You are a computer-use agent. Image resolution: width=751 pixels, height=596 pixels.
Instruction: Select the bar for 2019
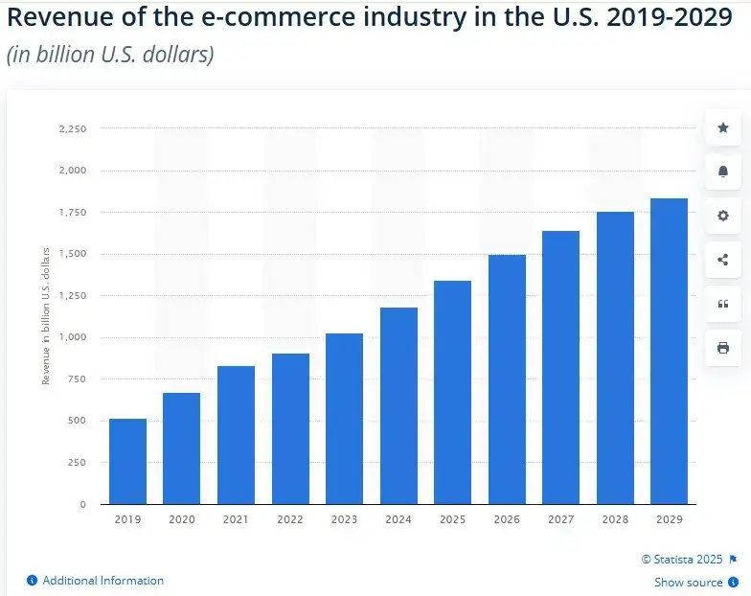tap(127, 461)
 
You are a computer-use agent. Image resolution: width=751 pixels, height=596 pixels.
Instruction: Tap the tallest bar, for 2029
tap(669, 351)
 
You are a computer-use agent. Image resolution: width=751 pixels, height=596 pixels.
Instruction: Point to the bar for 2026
tap(507, 378)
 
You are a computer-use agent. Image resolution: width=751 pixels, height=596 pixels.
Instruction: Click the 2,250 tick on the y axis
tap(73, 128)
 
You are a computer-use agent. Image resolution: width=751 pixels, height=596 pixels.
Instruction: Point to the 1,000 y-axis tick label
tap(73, 337)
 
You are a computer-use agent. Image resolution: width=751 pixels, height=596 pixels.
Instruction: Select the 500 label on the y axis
tap(77, 421)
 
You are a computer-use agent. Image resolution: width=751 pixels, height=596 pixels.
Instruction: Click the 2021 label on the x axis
tap(236, 519)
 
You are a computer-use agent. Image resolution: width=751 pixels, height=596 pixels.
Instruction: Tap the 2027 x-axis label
tap(560, 519)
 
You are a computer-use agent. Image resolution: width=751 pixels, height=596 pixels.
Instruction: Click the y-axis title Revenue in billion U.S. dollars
tap(46, 316)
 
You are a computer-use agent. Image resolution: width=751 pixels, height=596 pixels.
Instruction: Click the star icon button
tap(723, 127)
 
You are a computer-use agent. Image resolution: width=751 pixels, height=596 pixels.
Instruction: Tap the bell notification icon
tap(723, 172)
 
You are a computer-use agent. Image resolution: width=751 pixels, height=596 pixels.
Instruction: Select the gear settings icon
tap(723, 216)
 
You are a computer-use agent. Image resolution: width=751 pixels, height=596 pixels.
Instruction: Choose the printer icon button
tap(723, 348)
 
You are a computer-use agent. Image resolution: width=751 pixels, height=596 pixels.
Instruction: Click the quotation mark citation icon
tap(723, 304)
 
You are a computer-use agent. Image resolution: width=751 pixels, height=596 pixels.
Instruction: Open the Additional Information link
tap(102, 581)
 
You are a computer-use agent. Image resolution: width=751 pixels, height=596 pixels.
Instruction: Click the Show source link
tap(688, 583)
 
